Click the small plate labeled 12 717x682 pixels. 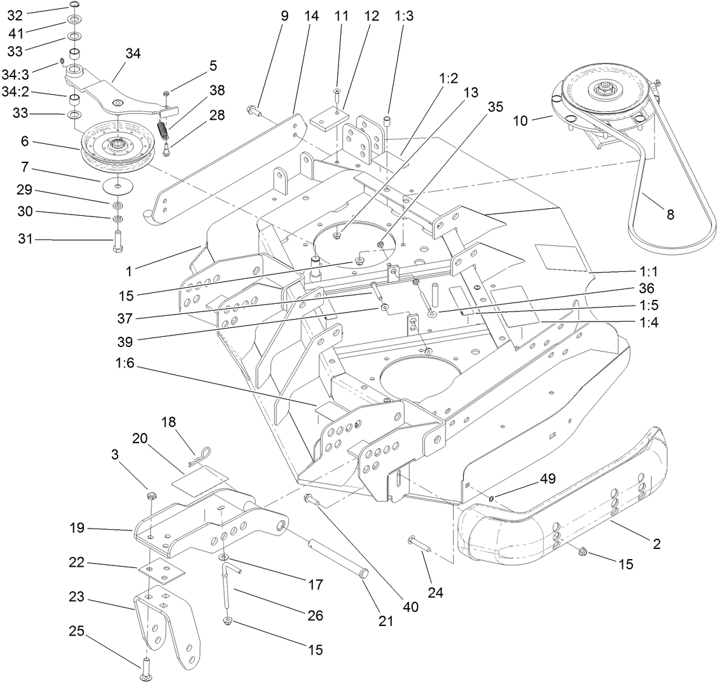click(329, 119)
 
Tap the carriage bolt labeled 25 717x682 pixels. click(146, 667)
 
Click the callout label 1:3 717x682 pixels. click(403, 17)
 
